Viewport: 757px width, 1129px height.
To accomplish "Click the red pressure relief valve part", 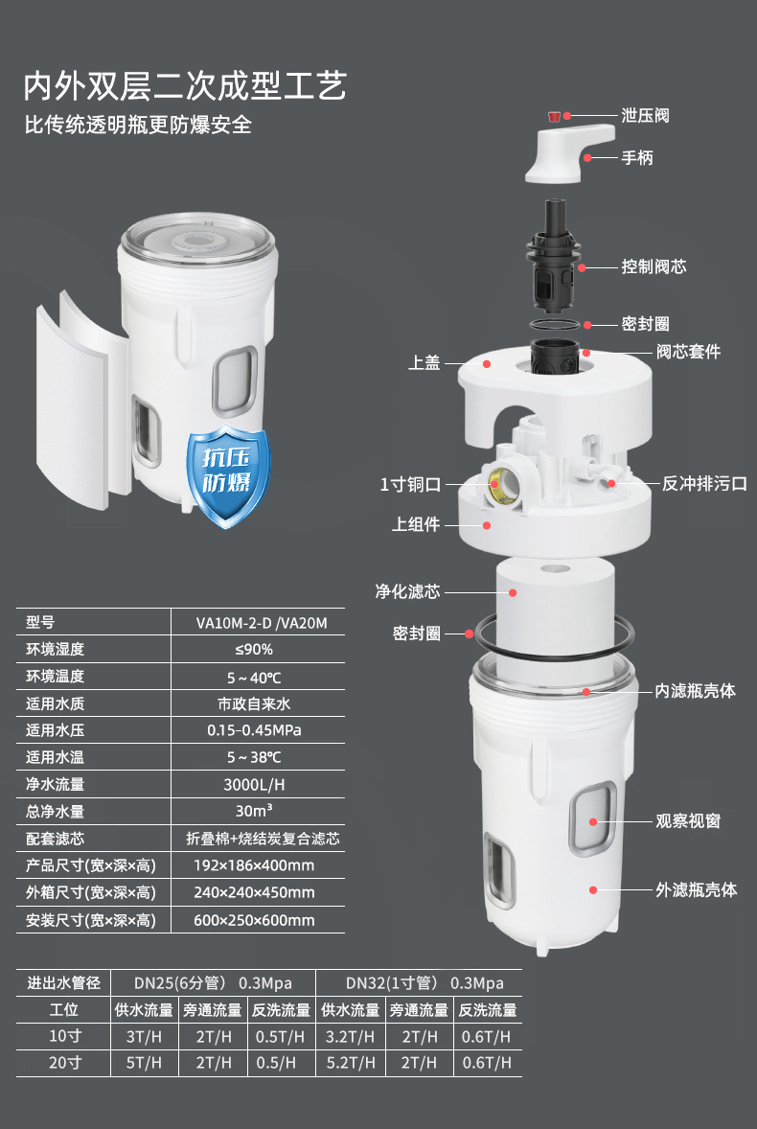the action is tap(553, 115).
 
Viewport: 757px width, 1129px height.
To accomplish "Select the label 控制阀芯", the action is tap(654, 266).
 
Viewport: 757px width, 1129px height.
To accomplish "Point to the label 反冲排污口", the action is tap(704, 484).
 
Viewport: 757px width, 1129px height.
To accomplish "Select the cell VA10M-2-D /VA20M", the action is tap(262, 623).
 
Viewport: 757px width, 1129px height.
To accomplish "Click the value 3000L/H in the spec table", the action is tap(254, 784).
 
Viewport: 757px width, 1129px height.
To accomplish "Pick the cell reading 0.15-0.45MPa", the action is tap(254, 730).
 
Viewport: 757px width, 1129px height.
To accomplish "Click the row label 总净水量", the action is tap(56, 812).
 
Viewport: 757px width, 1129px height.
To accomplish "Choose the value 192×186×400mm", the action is tap(254, 865).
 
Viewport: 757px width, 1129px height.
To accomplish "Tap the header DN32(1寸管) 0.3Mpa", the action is tap(424, 982).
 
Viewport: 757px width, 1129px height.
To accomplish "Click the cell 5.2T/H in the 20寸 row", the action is tap(351, 1063).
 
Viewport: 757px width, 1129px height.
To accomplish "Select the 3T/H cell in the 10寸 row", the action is tap(144, 1037).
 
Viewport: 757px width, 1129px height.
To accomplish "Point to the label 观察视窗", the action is tap(688, 820).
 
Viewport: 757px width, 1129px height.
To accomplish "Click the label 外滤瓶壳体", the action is tap(696, 890).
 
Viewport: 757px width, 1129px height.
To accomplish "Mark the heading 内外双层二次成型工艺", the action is tap(185, 85).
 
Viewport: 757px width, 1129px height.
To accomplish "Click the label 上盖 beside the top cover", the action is tap(424, 363).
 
